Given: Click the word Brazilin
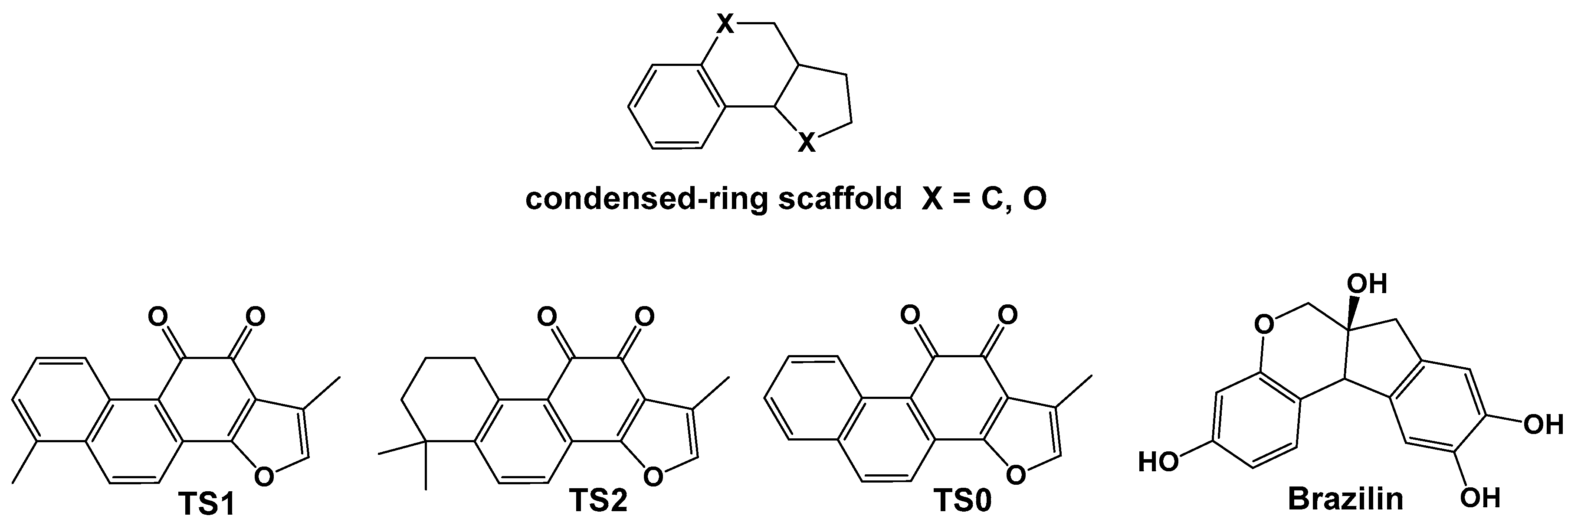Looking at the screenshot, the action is point(1345,499).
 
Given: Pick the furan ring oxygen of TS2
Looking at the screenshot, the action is point(653,474).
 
